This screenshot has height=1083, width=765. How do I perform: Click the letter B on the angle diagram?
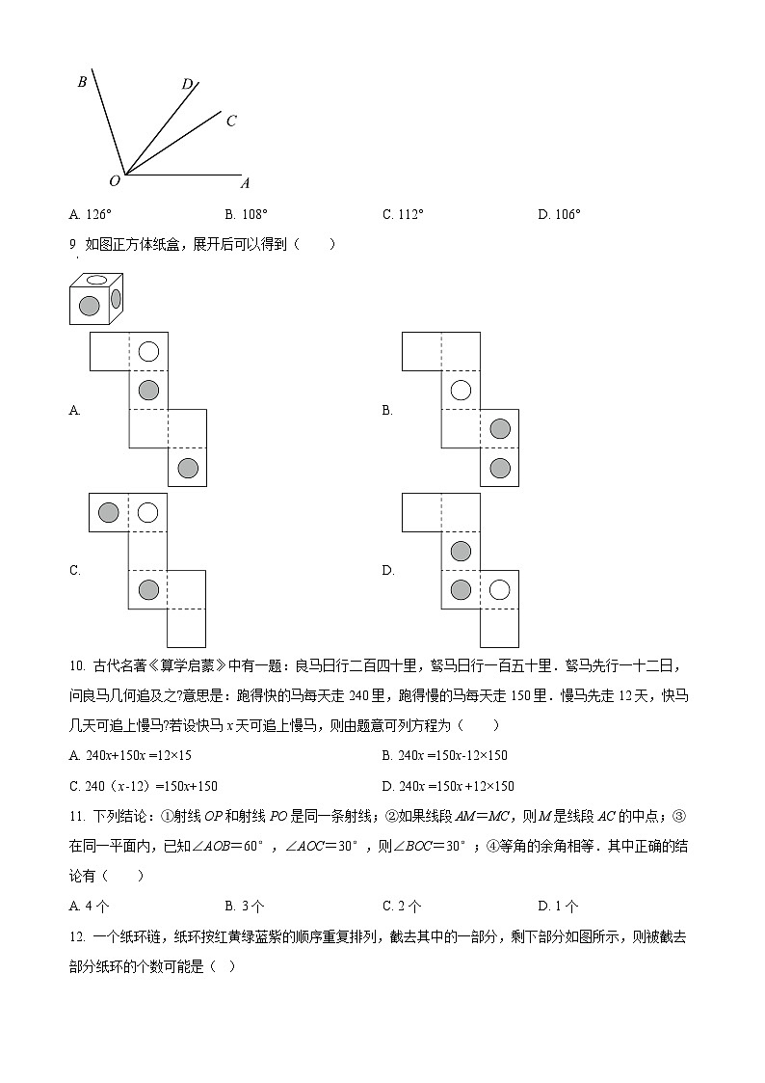83,82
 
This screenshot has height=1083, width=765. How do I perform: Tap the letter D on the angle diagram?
187,84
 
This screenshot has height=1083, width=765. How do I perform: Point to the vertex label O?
115,180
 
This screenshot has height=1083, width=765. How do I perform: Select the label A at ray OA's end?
245,183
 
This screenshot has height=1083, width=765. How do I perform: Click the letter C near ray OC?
231,122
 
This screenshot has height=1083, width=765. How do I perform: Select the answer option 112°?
403,214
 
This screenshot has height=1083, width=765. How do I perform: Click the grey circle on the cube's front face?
89,307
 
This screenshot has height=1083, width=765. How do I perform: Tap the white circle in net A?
147,352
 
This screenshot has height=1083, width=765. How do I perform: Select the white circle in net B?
461,391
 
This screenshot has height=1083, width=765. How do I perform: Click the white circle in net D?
499,589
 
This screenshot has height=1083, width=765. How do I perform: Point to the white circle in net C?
147,512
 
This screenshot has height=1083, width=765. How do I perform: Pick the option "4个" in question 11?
90,906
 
